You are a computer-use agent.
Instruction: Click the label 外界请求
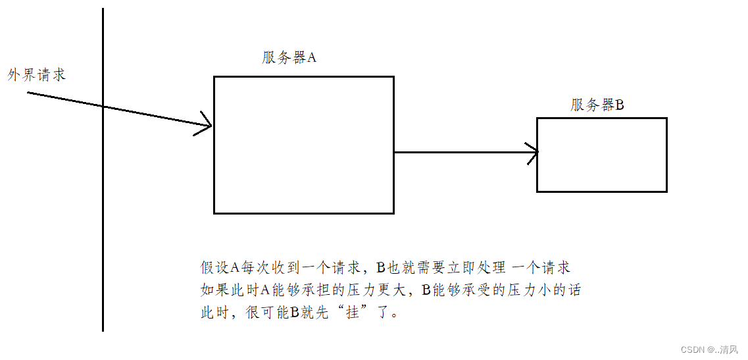[37, 74]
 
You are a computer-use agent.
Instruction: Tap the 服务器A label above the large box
[289, 57]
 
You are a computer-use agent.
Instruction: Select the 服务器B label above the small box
[597, 105]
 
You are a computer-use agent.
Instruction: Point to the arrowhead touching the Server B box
[532, 152]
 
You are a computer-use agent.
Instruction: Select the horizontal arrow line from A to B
[461, 152]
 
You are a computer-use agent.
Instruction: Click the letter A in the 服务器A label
[312, 57]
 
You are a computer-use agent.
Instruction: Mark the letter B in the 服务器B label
[619, 105]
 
